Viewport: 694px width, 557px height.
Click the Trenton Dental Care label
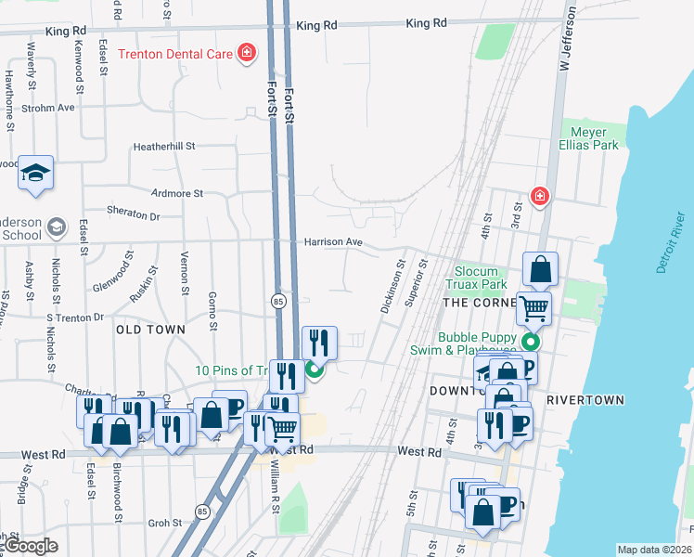pos(174,54)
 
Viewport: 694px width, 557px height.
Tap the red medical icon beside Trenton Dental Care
pos(247,53)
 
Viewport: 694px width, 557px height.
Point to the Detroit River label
pos(674,251)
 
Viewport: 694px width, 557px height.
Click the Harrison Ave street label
pos(333,242)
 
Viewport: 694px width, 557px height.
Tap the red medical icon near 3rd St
pos(538,196)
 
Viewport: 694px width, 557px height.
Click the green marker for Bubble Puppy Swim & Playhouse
pos(530,341)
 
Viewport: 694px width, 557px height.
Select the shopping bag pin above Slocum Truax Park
pos(540,269)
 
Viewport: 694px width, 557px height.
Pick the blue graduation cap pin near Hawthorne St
pos(35,173)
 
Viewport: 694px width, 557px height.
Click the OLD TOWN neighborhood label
pos(150,330)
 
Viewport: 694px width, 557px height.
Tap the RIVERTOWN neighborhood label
pos(585,400)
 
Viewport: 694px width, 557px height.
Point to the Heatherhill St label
pos(164,146)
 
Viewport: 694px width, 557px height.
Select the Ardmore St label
pos(176,193)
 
